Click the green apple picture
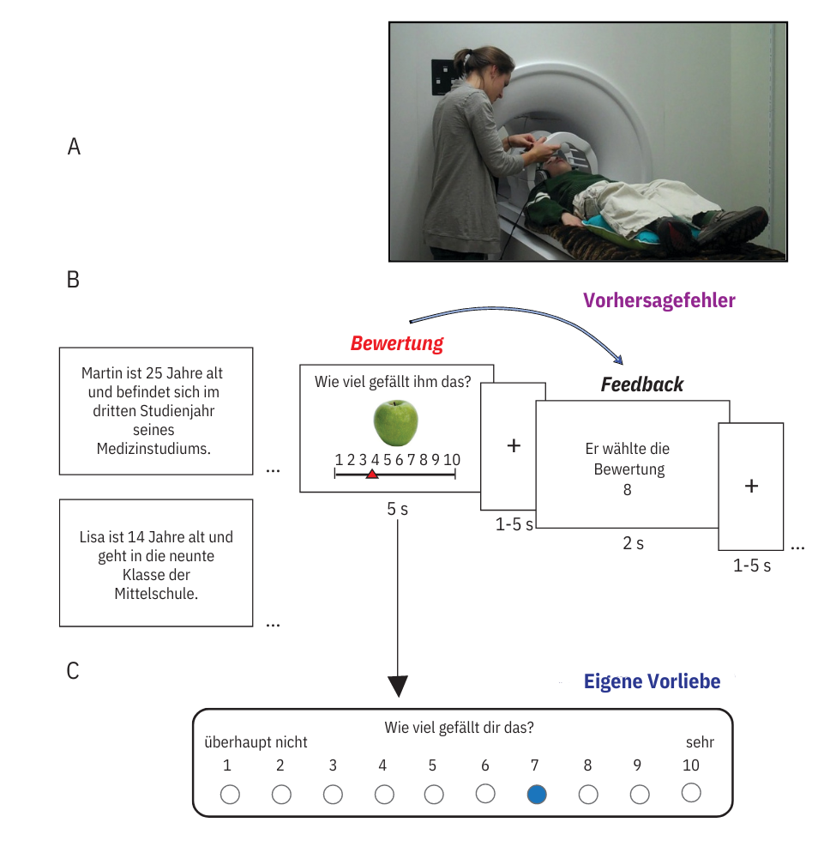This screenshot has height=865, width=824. [396, 421]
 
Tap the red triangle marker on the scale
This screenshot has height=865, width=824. [371, 474]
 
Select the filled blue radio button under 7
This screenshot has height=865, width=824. [537, 795]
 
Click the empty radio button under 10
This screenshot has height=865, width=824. [691, 793]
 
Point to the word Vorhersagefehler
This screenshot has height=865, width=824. [659, 300]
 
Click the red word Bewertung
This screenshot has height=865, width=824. [397, 344]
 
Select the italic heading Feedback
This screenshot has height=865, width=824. [641, 384]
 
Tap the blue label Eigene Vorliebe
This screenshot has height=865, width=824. [652, 681]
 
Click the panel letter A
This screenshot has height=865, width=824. [74, 147]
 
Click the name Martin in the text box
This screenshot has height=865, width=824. [102, 373]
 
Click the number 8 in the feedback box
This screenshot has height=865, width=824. [628, 489]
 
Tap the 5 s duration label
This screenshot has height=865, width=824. [397, 508]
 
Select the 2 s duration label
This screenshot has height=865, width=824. [633, 543]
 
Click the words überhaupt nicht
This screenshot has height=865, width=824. [256, 742]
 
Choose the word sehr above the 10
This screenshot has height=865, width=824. [700, 742]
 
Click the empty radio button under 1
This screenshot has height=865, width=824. [230, 795]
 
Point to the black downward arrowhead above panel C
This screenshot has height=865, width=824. [398, 687]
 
